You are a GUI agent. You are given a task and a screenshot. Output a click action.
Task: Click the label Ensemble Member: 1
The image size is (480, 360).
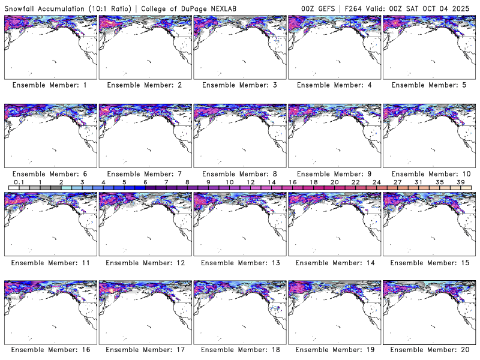(50, 85)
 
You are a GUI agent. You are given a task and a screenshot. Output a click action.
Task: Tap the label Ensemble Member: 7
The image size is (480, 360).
(145, 173)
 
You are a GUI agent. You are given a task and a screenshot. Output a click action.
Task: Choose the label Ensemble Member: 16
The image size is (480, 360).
(50, 350)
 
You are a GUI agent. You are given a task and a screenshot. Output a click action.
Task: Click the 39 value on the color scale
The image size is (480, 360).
(461, 182)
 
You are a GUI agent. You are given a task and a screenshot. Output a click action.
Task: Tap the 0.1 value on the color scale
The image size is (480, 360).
(19, 182)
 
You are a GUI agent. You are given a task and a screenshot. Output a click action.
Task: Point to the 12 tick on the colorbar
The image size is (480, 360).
(250, 182)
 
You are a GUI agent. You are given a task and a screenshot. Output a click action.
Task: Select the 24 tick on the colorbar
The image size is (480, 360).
(376, 182)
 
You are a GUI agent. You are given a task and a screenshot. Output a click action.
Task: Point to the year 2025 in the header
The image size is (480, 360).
(464, 8)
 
